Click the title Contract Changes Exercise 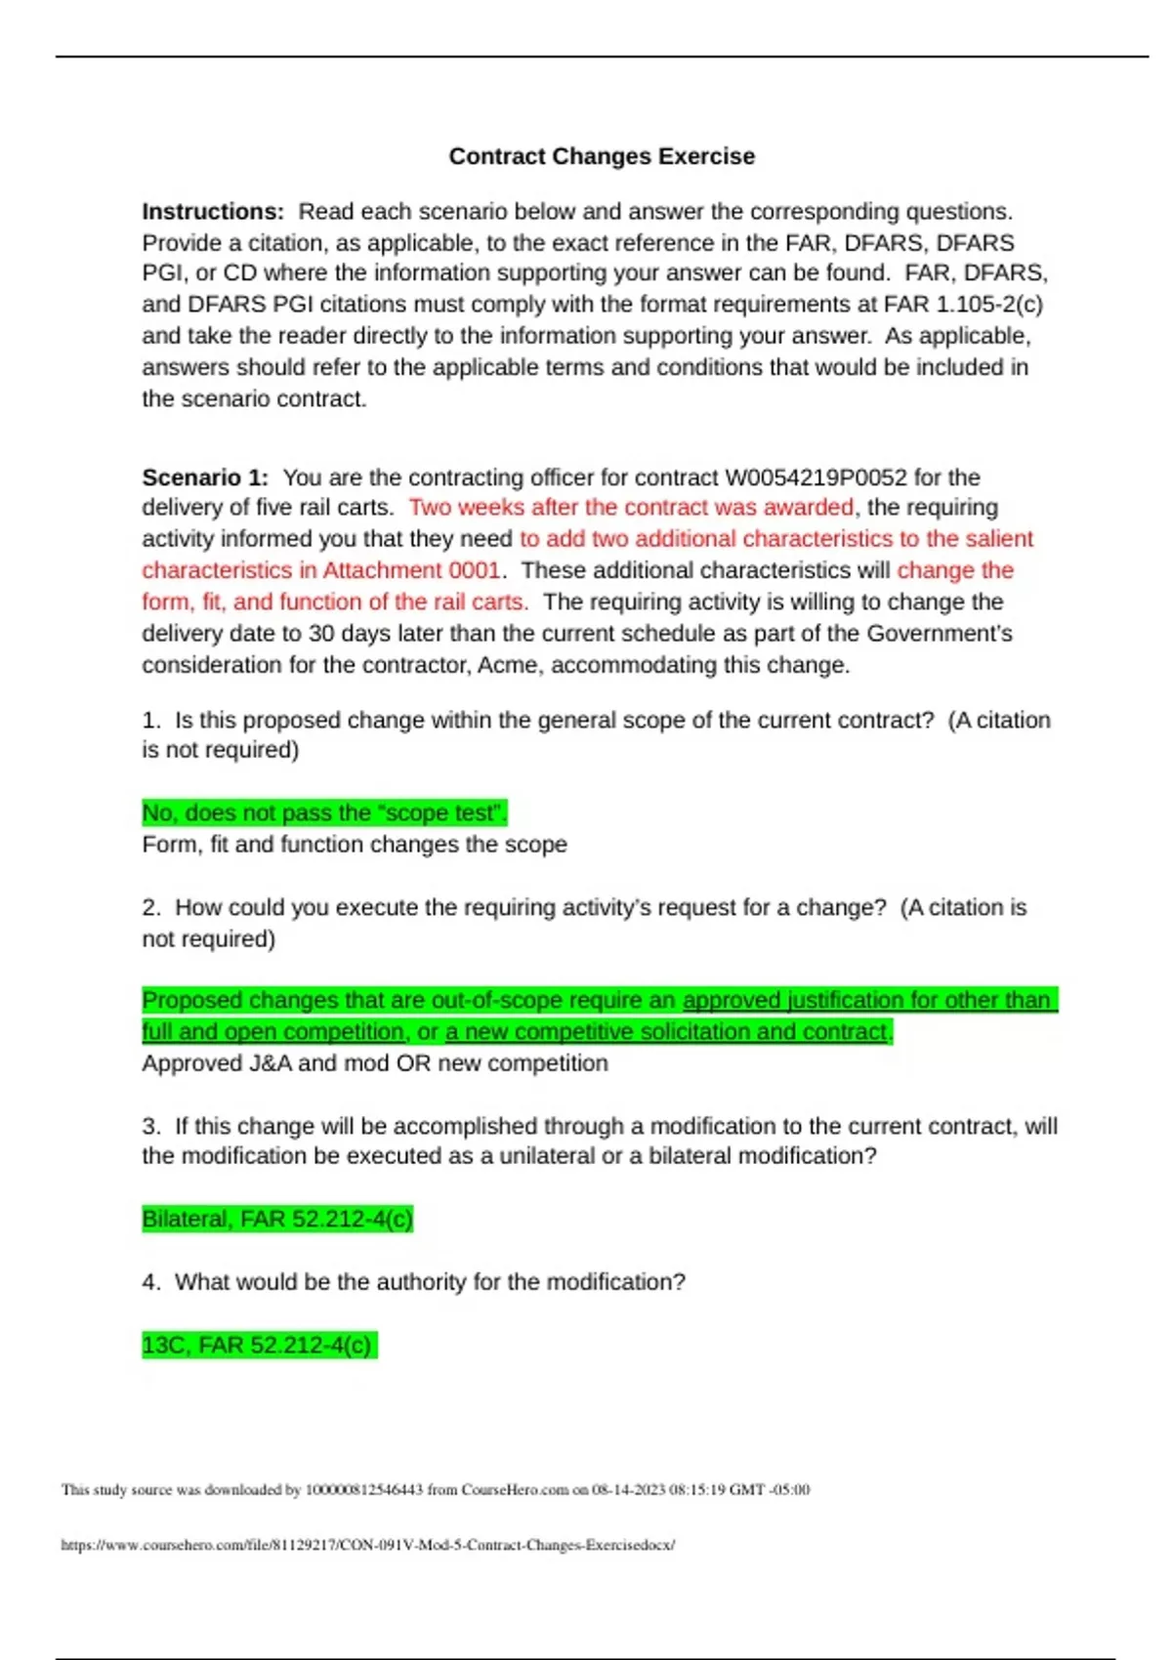(602, 156)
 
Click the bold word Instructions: (213, 212)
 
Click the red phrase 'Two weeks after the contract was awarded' (631, 508)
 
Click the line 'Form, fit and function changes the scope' (355, 845)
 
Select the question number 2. (150, 908)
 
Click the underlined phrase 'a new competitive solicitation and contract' (667, 1032)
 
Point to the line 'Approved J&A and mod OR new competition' (375, 1063)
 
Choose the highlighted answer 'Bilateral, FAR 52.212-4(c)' (277, 1220)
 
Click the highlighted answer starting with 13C (258, 1346)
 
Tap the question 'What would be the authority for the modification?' (430, 1282)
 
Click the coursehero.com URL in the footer (367, 1545)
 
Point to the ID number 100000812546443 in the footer (364, 1490)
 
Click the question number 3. (150, 1127)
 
